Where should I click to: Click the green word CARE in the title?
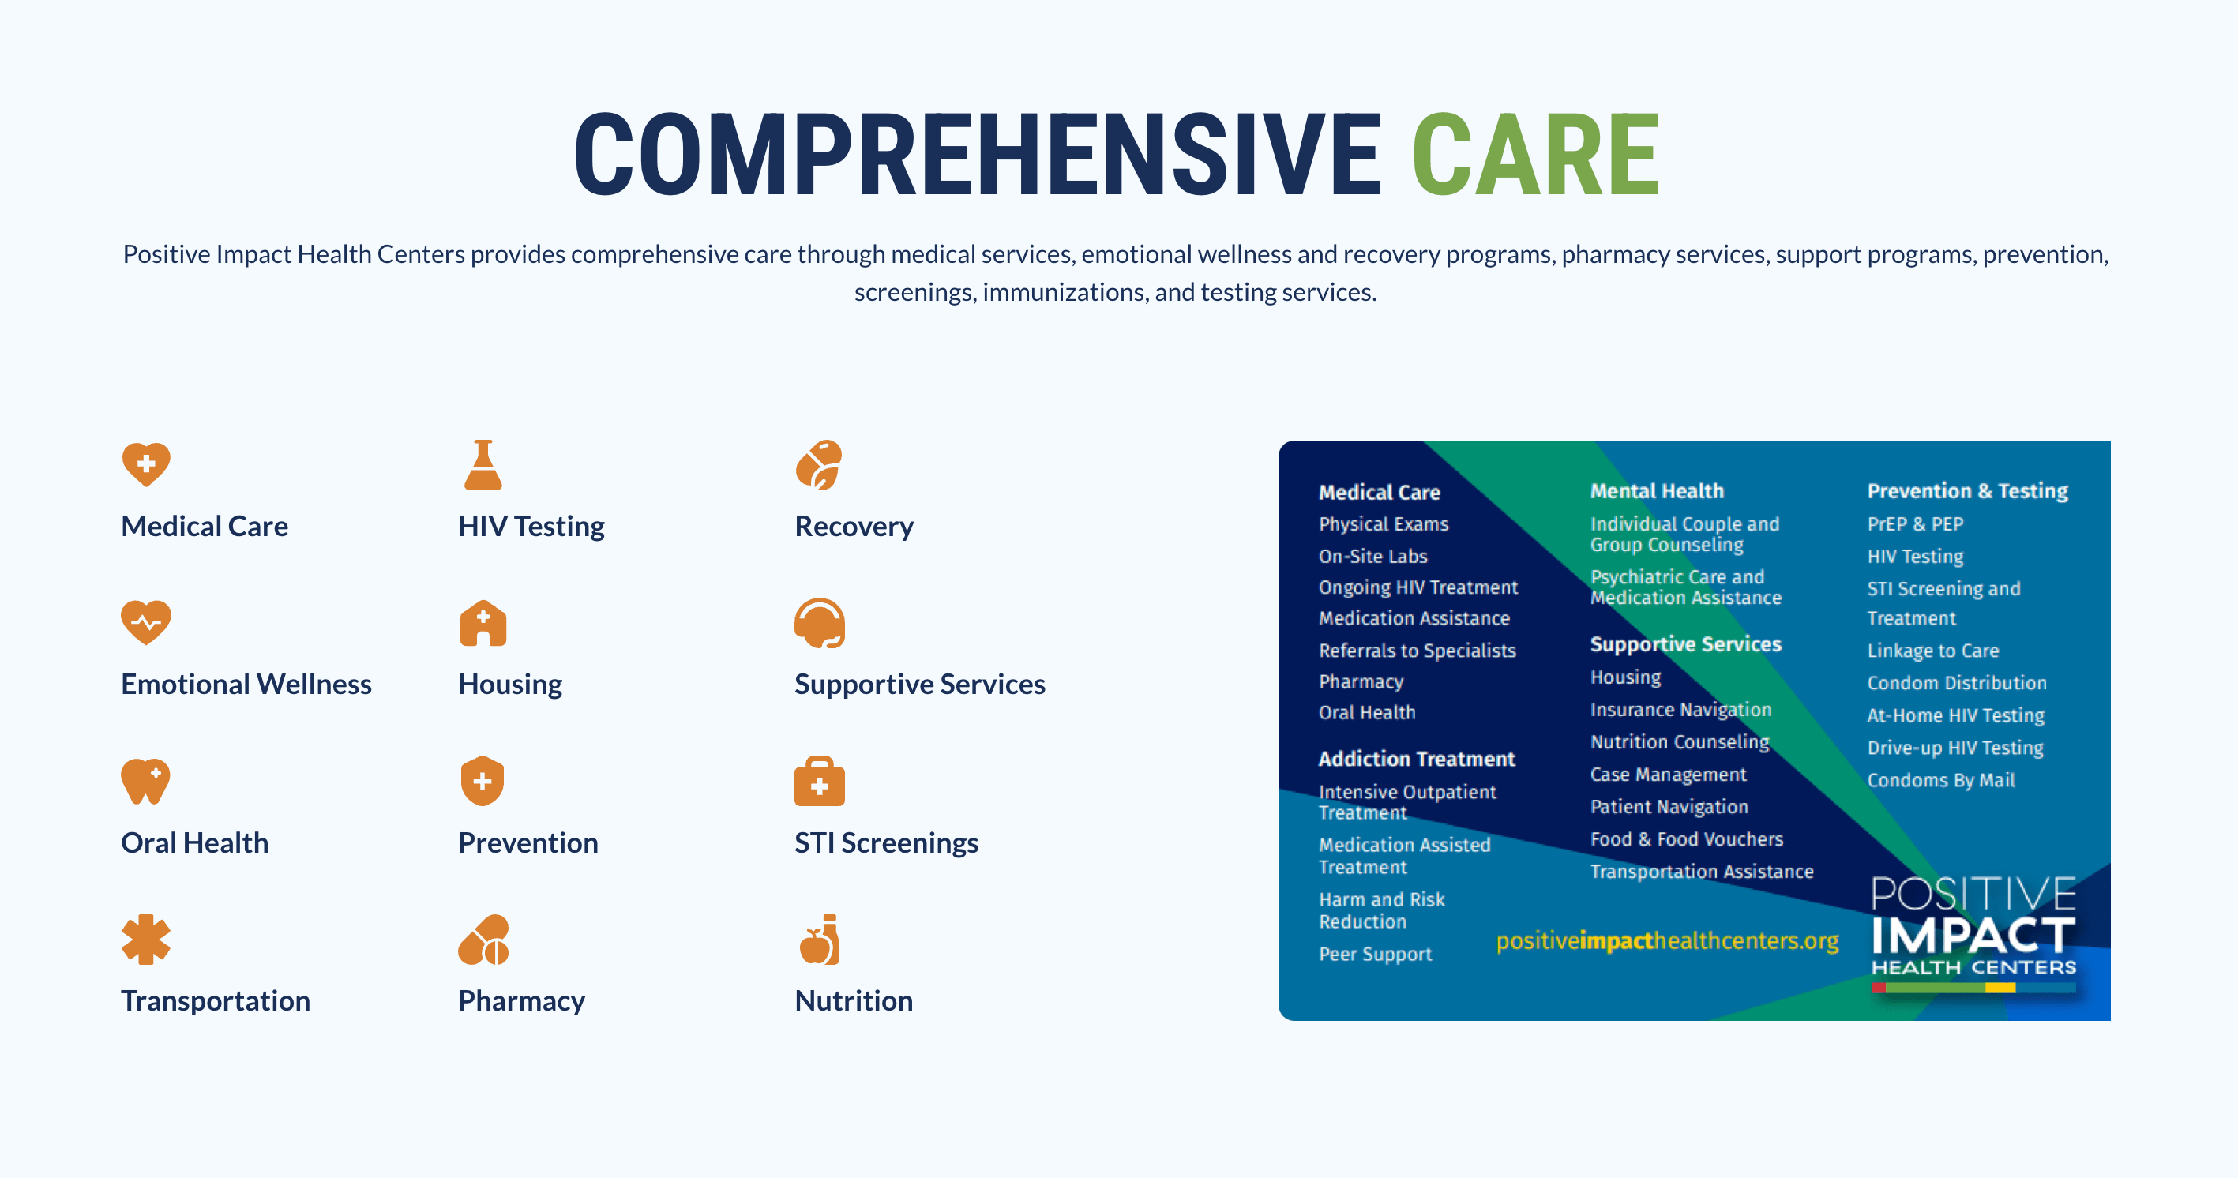click(1535, 155)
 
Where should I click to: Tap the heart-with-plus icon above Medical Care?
click(146, 464)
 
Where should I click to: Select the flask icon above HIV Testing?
click(483, 465)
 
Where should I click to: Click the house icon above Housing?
click(483, 623)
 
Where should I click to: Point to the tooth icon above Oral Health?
click(145, 781)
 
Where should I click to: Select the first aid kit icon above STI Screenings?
click(819, 781)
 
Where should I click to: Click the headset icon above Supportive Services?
click(819, 623)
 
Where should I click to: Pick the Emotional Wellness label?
click(246, 685)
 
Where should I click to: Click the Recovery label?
click(854, 527)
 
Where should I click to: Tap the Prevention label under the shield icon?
click(528, 842)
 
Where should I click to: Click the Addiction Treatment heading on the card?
click(1416, 759)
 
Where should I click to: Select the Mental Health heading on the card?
click(1657, 491)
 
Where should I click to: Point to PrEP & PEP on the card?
click(1915, 523)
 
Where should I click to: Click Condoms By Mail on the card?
click(1941, 780)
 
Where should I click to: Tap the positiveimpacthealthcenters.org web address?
click(1667, 941)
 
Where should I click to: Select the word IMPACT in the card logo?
click(1973, 936)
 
